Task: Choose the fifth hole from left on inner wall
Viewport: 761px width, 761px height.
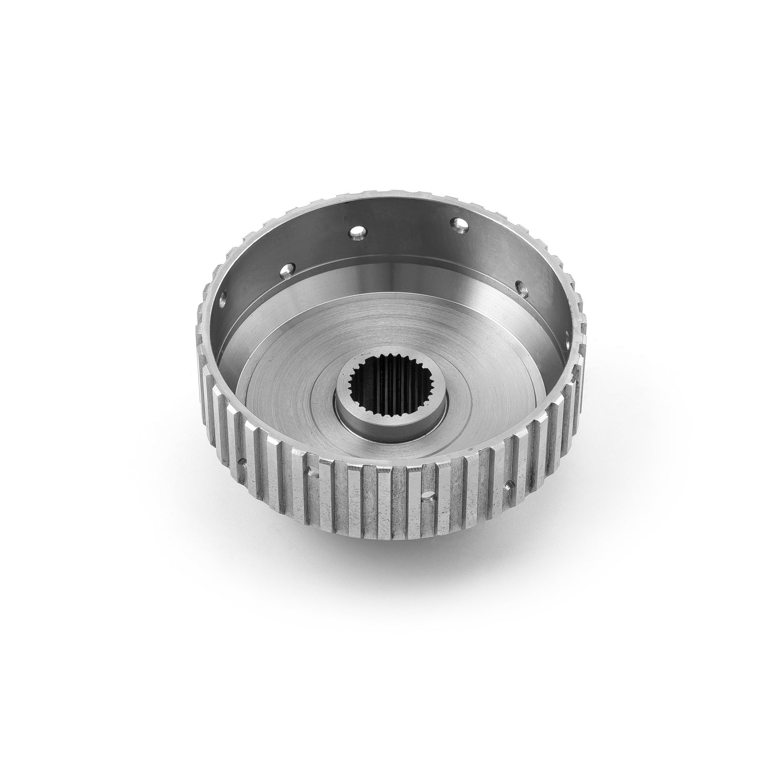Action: coord(522,287)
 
